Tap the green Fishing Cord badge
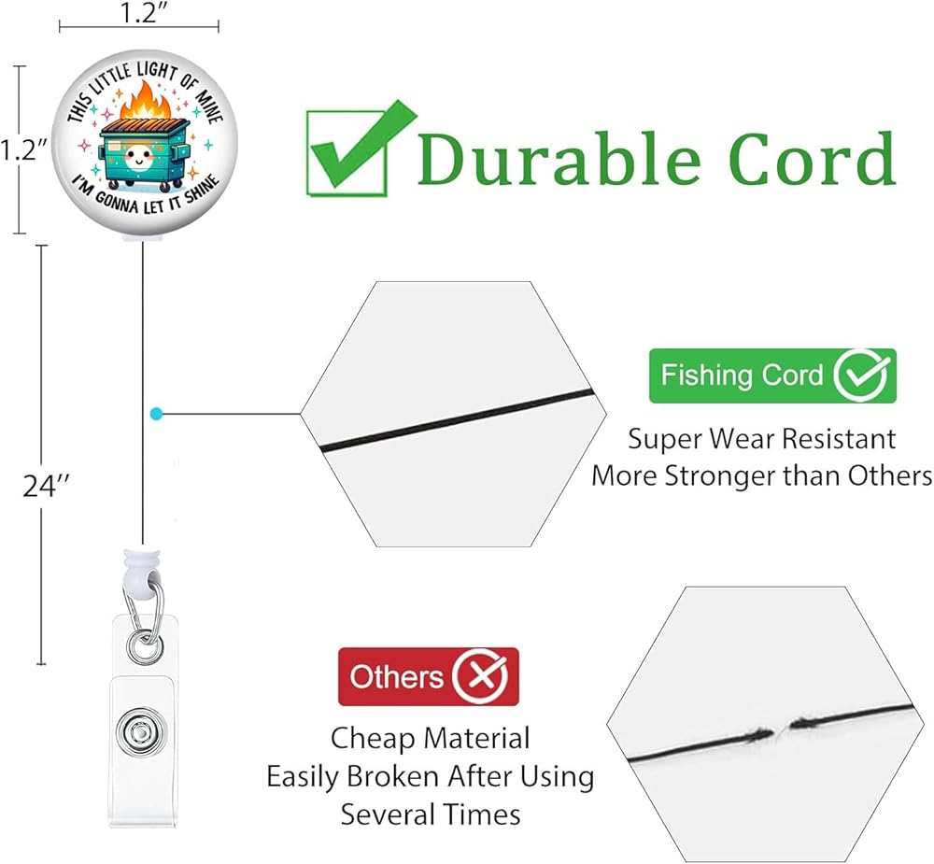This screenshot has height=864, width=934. coord(772,375)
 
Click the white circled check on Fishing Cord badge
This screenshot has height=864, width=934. coord(862,375)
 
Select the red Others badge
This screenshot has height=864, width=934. coord(429,676)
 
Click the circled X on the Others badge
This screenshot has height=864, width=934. coord(480,677)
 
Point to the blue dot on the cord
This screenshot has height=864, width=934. coord(156,414)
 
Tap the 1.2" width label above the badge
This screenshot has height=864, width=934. coord(138,12)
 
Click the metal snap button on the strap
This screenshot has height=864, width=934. coord(141,731)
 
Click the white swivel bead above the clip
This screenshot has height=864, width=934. coord(142,570)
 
